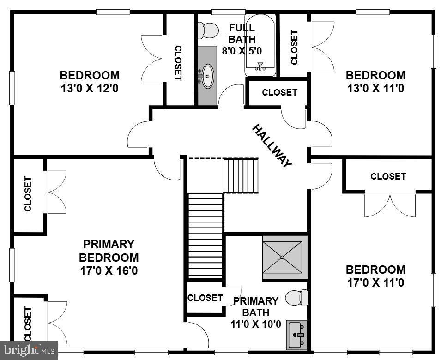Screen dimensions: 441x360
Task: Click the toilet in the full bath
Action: point(208,30)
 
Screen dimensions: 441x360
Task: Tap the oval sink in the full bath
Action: point(208,76)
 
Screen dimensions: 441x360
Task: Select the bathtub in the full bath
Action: point(260,45)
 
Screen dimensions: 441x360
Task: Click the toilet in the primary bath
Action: point(296,298)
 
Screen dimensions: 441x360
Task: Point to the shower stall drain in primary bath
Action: point(282,257)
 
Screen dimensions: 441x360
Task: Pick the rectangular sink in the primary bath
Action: point(297,335)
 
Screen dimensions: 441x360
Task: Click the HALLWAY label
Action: point(272,146)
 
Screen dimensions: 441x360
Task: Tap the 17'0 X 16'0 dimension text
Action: point(109,271)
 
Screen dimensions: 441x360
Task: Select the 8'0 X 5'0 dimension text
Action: point(242,51)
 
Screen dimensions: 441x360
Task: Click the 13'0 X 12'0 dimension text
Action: point(90,89)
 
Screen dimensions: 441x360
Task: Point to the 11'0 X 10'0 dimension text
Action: point(256,324)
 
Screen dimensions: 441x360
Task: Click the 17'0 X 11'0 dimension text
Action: point(375,283)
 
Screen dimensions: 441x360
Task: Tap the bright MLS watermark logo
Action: point(29,350)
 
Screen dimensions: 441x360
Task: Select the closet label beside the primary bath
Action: point(205,298)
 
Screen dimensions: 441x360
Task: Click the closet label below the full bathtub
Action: point(279,92)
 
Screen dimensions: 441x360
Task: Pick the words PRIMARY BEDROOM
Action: point(109,251)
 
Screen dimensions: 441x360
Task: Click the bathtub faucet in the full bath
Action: point(260,66)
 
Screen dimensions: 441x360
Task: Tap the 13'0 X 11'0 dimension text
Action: point(375,89)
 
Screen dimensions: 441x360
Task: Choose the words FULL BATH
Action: point(242,33)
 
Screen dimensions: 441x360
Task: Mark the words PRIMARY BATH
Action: point(256,306)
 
